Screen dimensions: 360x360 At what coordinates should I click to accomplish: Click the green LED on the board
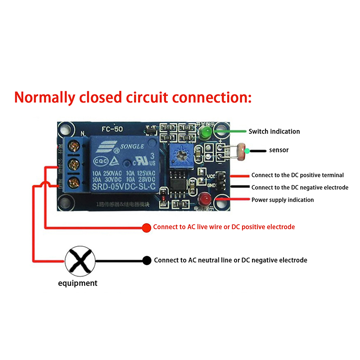click(207, 132)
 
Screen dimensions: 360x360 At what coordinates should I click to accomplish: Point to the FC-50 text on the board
click(112, 129)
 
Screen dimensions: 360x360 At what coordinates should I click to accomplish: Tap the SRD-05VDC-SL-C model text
click(123, 187)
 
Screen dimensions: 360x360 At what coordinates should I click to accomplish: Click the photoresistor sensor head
click(241, 150)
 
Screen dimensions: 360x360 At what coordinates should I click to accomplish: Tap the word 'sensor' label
click(279, 150)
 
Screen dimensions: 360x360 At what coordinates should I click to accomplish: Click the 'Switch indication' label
click(274, 131)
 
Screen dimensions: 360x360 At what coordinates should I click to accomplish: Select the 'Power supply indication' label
click(283, 200)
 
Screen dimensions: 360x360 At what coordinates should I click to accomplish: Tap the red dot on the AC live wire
click(146, 228)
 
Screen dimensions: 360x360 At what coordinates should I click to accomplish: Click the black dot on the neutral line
click(146, 261)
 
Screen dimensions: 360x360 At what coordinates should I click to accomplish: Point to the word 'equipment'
click(77, 283)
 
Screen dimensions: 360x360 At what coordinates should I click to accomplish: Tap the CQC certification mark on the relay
click(100, 162)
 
